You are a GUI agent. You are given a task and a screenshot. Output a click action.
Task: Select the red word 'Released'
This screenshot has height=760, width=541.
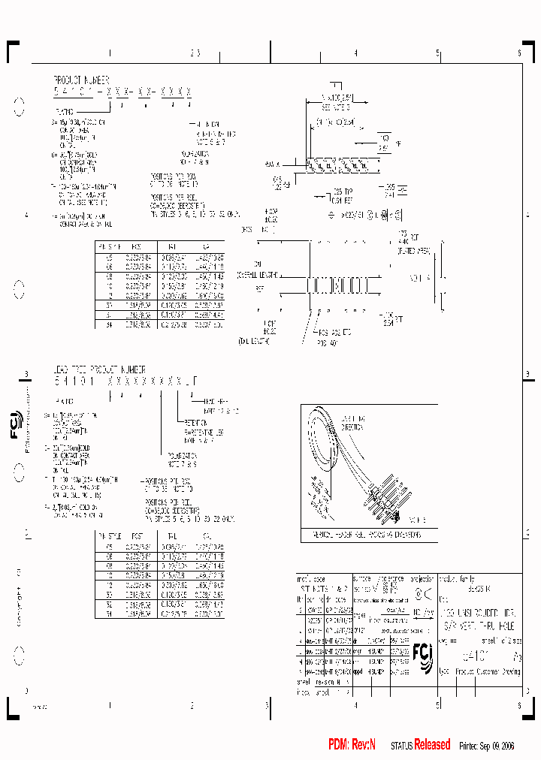[x=432, y=744]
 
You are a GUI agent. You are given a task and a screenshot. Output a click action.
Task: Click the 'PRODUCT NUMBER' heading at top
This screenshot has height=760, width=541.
[x=81, y=79]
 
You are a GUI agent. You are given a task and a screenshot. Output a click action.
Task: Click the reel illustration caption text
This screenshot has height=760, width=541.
[x=361, y=535]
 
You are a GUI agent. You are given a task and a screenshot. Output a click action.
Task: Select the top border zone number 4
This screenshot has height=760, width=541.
[x=355, y=53]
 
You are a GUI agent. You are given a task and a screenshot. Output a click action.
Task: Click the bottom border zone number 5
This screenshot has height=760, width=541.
[x=437, y=705]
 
